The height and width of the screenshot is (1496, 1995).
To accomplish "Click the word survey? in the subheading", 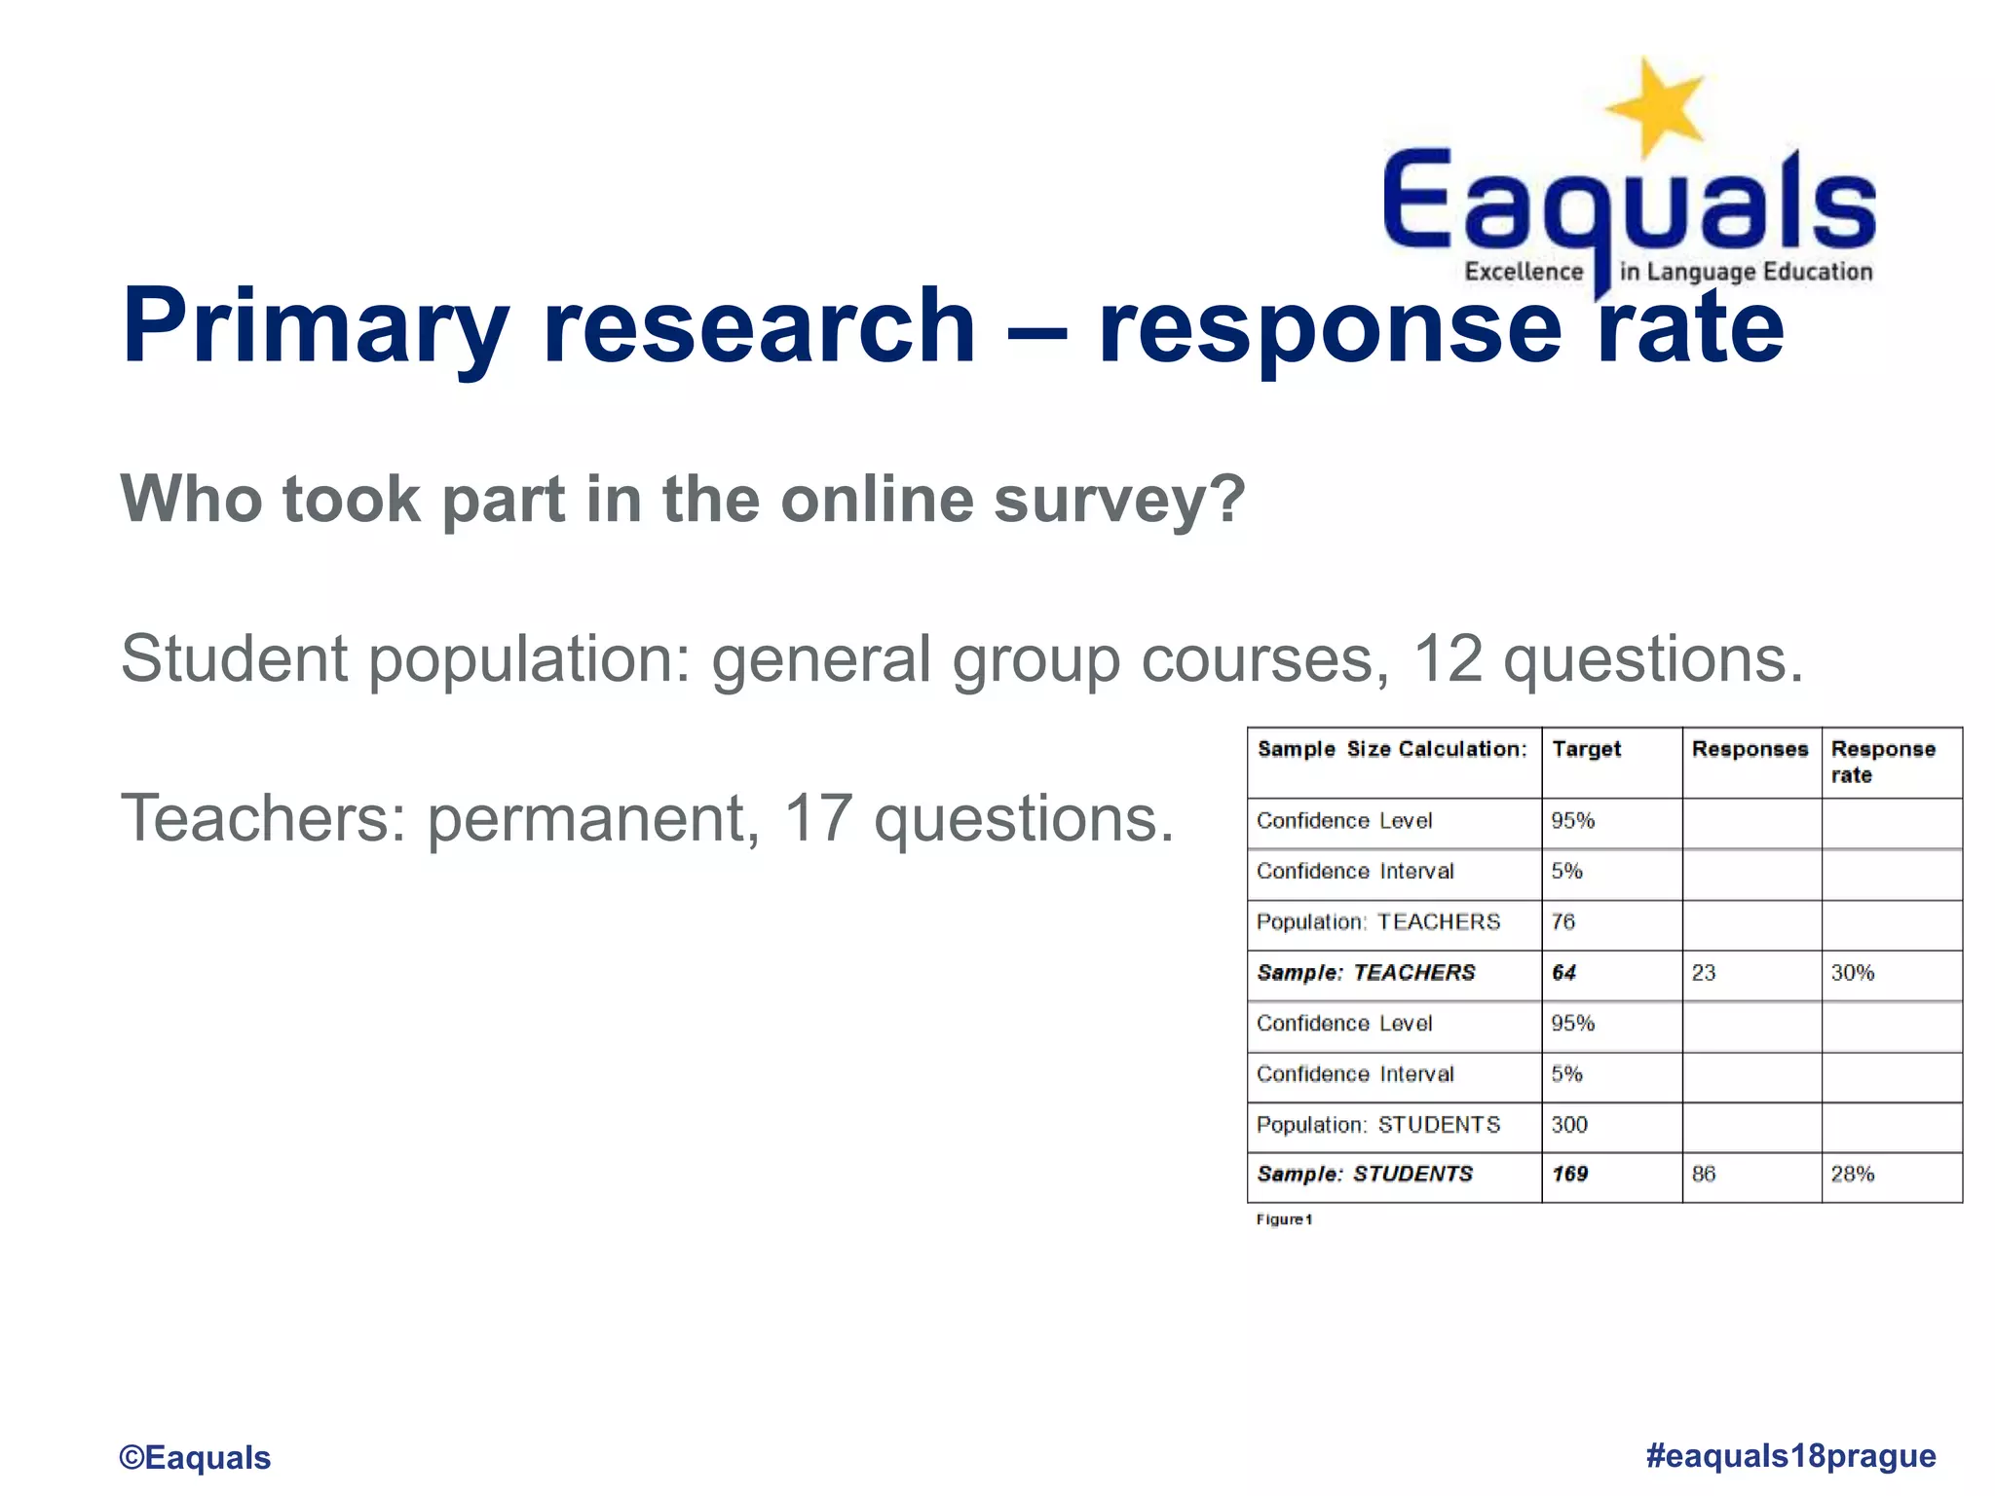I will tap(1119, 500).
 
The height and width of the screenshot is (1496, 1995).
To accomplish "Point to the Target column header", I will tap(1586, 749).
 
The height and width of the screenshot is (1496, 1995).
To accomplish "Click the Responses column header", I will tap(1750, 749).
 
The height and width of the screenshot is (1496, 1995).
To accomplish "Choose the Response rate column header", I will tap(1882, 762).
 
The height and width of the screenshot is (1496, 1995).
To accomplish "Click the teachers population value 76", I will tap(1562, 921).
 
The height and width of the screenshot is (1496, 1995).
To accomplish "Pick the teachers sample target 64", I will tap(1563, 972).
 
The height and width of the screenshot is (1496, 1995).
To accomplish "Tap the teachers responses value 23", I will tap(1703, 972).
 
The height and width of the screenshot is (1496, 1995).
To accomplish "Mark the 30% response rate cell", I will tap(1852, 972).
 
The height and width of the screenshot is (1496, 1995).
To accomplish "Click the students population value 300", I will tap(1568, 1124).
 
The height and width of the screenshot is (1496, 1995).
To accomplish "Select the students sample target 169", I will tap(1569, 1174).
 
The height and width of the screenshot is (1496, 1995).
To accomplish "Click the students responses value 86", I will tap(1703, 1174).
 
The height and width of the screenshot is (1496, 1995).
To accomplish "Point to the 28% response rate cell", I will tap(1852, 1174).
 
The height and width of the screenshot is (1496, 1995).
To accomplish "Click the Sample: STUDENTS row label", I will tap(1364, 1174).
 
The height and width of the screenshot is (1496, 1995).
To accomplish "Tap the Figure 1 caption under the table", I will tap(1284, 1219).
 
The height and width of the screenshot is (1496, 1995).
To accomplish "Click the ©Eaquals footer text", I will tap(195, 1457).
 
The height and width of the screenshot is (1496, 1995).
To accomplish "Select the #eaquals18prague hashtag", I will tap(1790, 1455).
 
